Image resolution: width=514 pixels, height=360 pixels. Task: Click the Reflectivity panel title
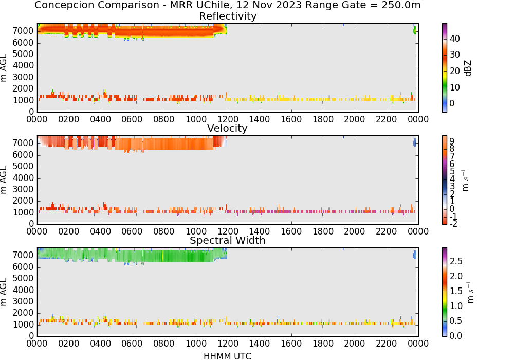click(x=228, y=16)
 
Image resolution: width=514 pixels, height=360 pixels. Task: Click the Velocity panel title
click(x=227, y=128)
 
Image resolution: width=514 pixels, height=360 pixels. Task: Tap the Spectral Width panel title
click(x=228, y=240)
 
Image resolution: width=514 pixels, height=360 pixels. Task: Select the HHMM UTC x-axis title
click(x=227, y=356)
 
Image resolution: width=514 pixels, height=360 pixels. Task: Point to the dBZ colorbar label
click(x=468, y=68)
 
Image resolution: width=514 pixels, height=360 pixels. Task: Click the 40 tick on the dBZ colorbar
click(x=455, y=39)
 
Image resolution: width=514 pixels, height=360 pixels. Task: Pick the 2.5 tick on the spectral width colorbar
click(x=456, y=261)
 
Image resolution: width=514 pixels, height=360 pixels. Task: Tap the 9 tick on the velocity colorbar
click(x=452, y=141)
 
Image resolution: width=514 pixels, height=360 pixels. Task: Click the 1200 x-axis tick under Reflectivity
click(x=228, y=119)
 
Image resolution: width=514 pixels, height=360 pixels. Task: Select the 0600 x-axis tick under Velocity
click(x=132, y=231)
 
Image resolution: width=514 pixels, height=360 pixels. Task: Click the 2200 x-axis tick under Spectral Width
click(x=386, y=344)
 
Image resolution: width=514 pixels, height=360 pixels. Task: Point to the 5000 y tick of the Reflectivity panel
click(x=23, y=54)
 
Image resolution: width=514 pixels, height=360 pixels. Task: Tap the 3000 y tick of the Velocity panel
click(x=23, y=189)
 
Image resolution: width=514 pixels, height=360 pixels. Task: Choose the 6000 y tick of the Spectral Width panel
click(x=23, y=267)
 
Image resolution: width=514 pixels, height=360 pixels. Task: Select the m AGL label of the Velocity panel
click(x=4, y=180)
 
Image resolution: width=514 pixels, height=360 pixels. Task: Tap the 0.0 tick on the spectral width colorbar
click(x=456, y=336)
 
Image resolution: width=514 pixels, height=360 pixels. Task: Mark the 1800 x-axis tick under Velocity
click(x=323, y=231)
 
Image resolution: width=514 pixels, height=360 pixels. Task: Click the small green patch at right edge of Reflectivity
click(x=415, y=30)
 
